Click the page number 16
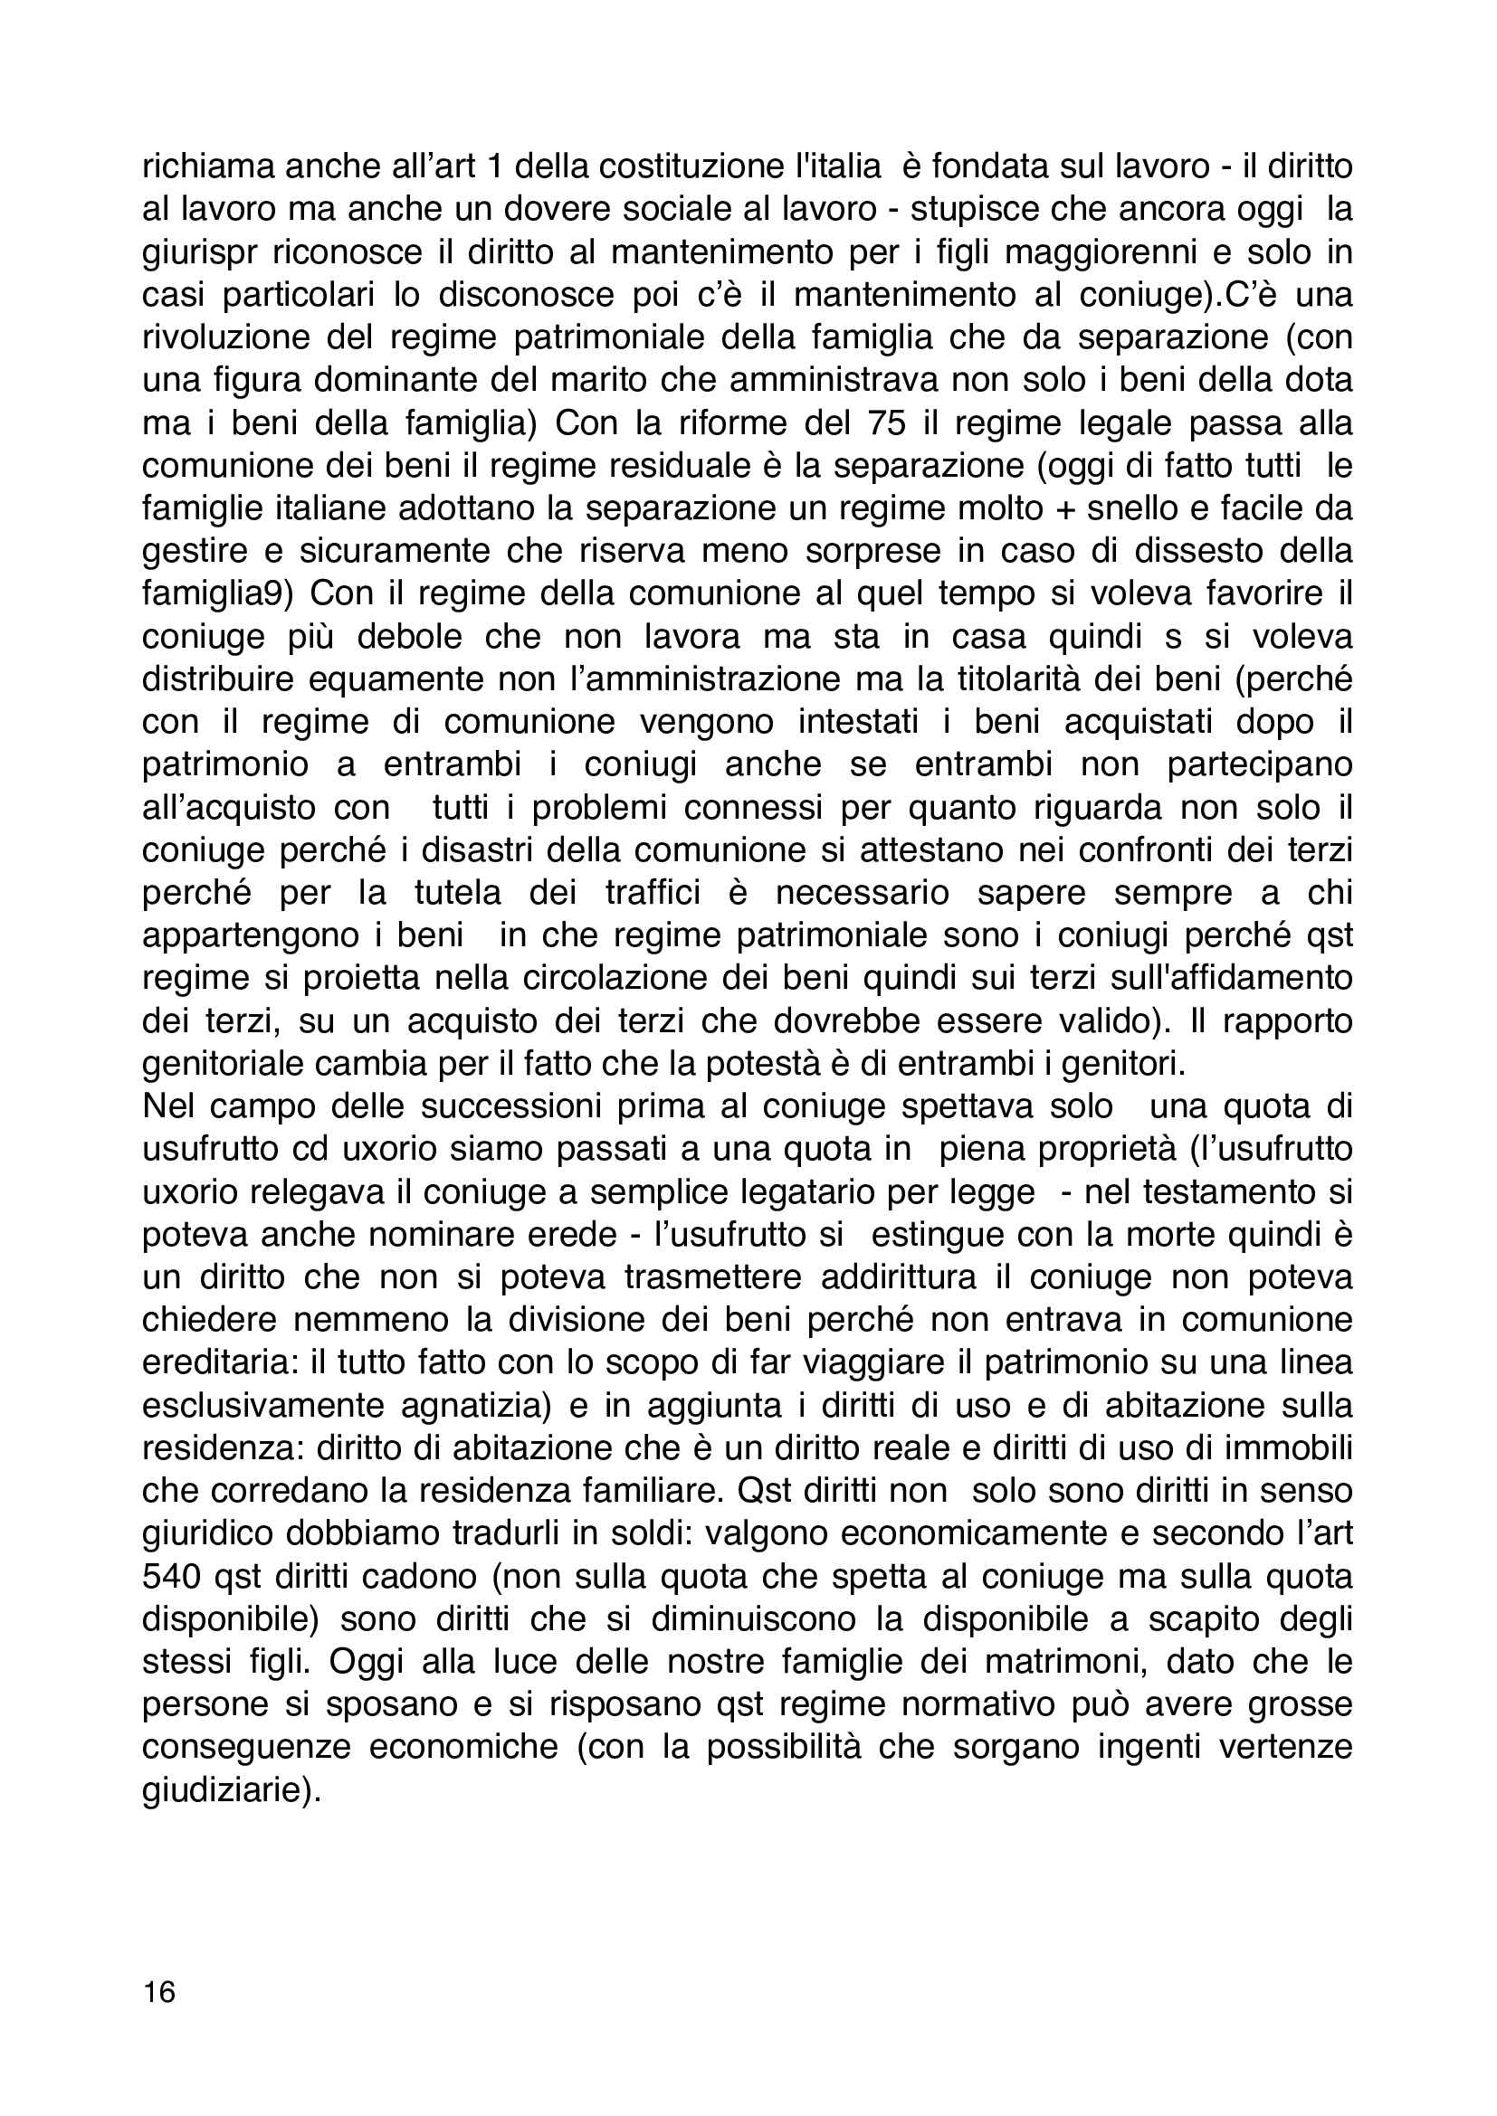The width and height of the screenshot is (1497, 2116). (158, 1992)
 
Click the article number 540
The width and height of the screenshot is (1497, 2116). (172, 1577)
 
